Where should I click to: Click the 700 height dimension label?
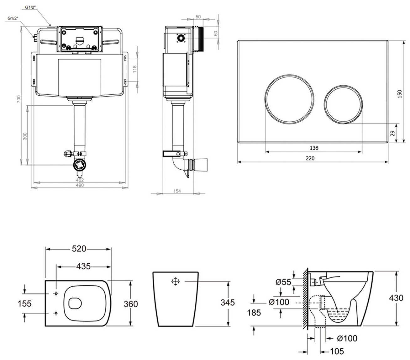tap(18, 99)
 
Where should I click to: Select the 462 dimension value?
tap(80, 180)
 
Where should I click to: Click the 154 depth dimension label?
tap(178, 192)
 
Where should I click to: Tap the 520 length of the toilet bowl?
tap(79, 249)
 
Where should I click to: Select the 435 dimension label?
tap(83, 267)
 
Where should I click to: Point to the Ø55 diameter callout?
tap(283, 282)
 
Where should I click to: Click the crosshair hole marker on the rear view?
tap(175, 282)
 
